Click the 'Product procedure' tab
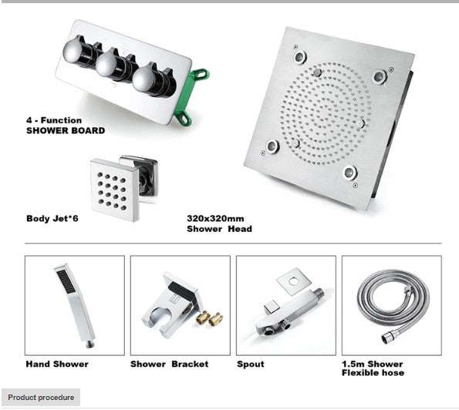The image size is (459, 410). pos(42,398)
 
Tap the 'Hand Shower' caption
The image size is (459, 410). pos(57,364)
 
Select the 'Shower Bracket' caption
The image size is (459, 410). pos(169,364)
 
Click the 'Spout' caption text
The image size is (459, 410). pos(251,364)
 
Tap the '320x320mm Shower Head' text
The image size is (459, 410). pos(219,223)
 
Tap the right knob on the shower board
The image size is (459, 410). pos(147,79)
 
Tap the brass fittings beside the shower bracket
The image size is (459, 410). pos(210,317)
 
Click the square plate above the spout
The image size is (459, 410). pos(292,281)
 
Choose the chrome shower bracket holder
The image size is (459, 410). pos(165,308)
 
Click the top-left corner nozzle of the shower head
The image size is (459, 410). pos(298,55)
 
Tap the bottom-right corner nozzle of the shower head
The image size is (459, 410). pos(350,172)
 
